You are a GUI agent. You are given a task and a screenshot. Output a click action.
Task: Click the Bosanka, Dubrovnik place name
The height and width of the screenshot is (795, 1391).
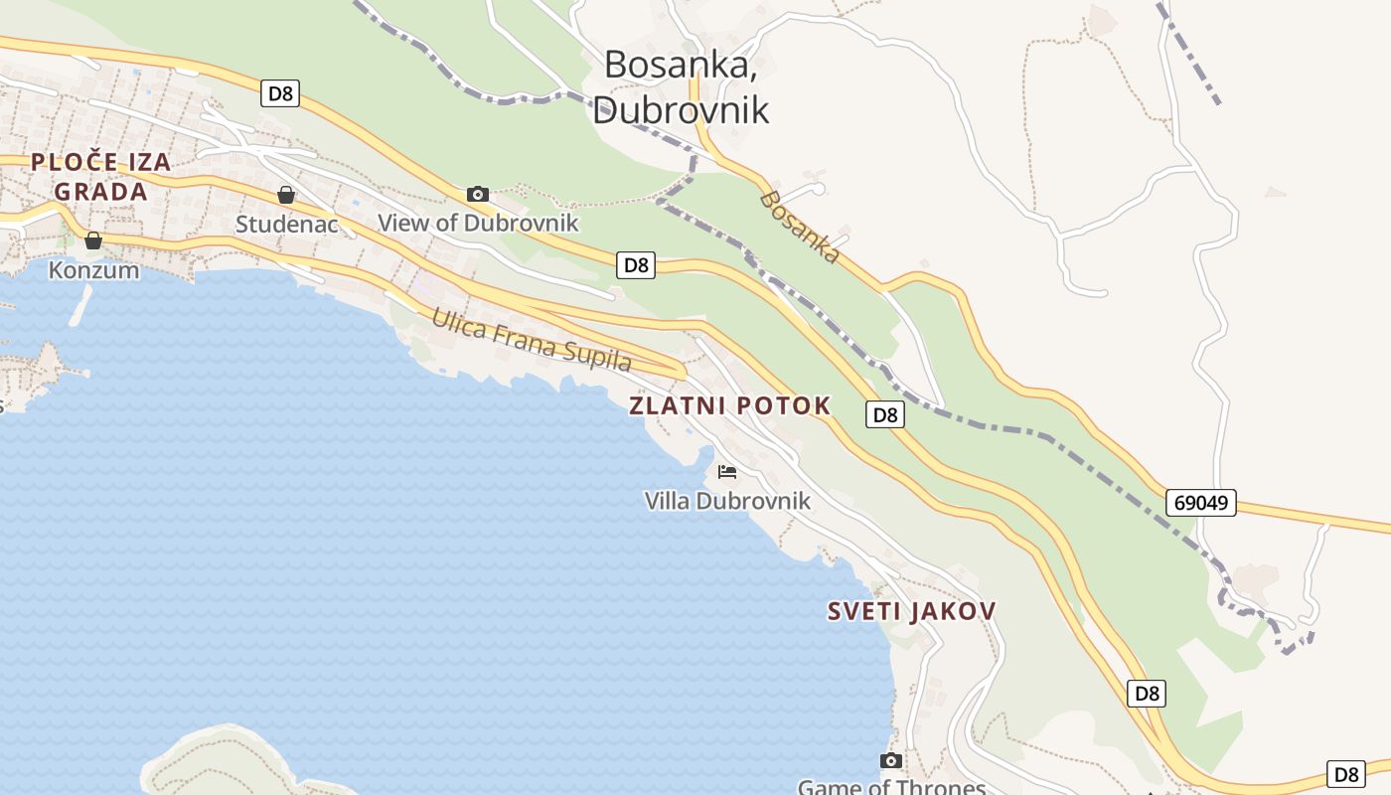(682, 86)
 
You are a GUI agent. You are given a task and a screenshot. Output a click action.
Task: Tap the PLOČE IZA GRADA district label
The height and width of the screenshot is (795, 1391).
(101, 177)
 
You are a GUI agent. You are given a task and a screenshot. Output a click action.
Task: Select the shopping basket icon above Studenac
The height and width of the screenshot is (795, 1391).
(286, 195)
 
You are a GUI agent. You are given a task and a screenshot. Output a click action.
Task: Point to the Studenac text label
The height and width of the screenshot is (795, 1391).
(286, 225)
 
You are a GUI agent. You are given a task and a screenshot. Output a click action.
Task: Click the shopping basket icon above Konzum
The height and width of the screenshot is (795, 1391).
(93, 240)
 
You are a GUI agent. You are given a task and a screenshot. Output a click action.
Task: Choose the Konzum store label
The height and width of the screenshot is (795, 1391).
(94, 269)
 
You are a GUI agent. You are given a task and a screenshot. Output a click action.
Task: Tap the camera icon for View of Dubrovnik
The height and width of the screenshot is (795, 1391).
(478, 194)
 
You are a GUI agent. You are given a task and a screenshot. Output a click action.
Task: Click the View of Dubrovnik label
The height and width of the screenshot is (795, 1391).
(478, 223)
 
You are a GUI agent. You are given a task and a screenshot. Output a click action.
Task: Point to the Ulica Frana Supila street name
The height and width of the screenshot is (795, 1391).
(532, 340)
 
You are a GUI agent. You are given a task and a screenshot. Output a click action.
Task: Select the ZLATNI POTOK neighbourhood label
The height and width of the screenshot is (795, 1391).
(730, 405)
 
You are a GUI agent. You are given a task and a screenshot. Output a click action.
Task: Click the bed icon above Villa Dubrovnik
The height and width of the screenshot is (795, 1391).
(727, 471)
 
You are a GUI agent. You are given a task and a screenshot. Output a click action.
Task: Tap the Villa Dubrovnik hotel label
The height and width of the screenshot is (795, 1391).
(727, 501)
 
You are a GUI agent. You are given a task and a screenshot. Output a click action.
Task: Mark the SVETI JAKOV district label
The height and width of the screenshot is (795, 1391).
(911, 611)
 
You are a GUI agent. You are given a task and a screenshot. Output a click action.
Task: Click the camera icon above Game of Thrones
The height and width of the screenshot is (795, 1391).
(891, 760)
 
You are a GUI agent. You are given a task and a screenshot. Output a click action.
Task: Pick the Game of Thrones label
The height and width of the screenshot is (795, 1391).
(891, 787)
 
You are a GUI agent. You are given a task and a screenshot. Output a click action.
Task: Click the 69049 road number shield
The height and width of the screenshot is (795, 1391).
(1200, 503)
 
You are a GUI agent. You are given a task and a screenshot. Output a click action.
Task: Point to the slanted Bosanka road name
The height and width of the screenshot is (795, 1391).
(799, 228)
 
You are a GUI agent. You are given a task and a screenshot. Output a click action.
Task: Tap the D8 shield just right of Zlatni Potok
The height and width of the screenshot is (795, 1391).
(884, 414)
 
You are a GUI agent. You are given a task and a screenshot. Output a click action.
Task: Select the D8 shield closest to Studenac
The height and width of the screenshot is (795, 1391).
(281, 94)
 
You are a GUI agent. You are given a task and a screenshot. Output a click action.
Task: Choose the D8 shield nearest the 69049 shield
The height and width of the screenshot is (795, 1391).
(1147, 694)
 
